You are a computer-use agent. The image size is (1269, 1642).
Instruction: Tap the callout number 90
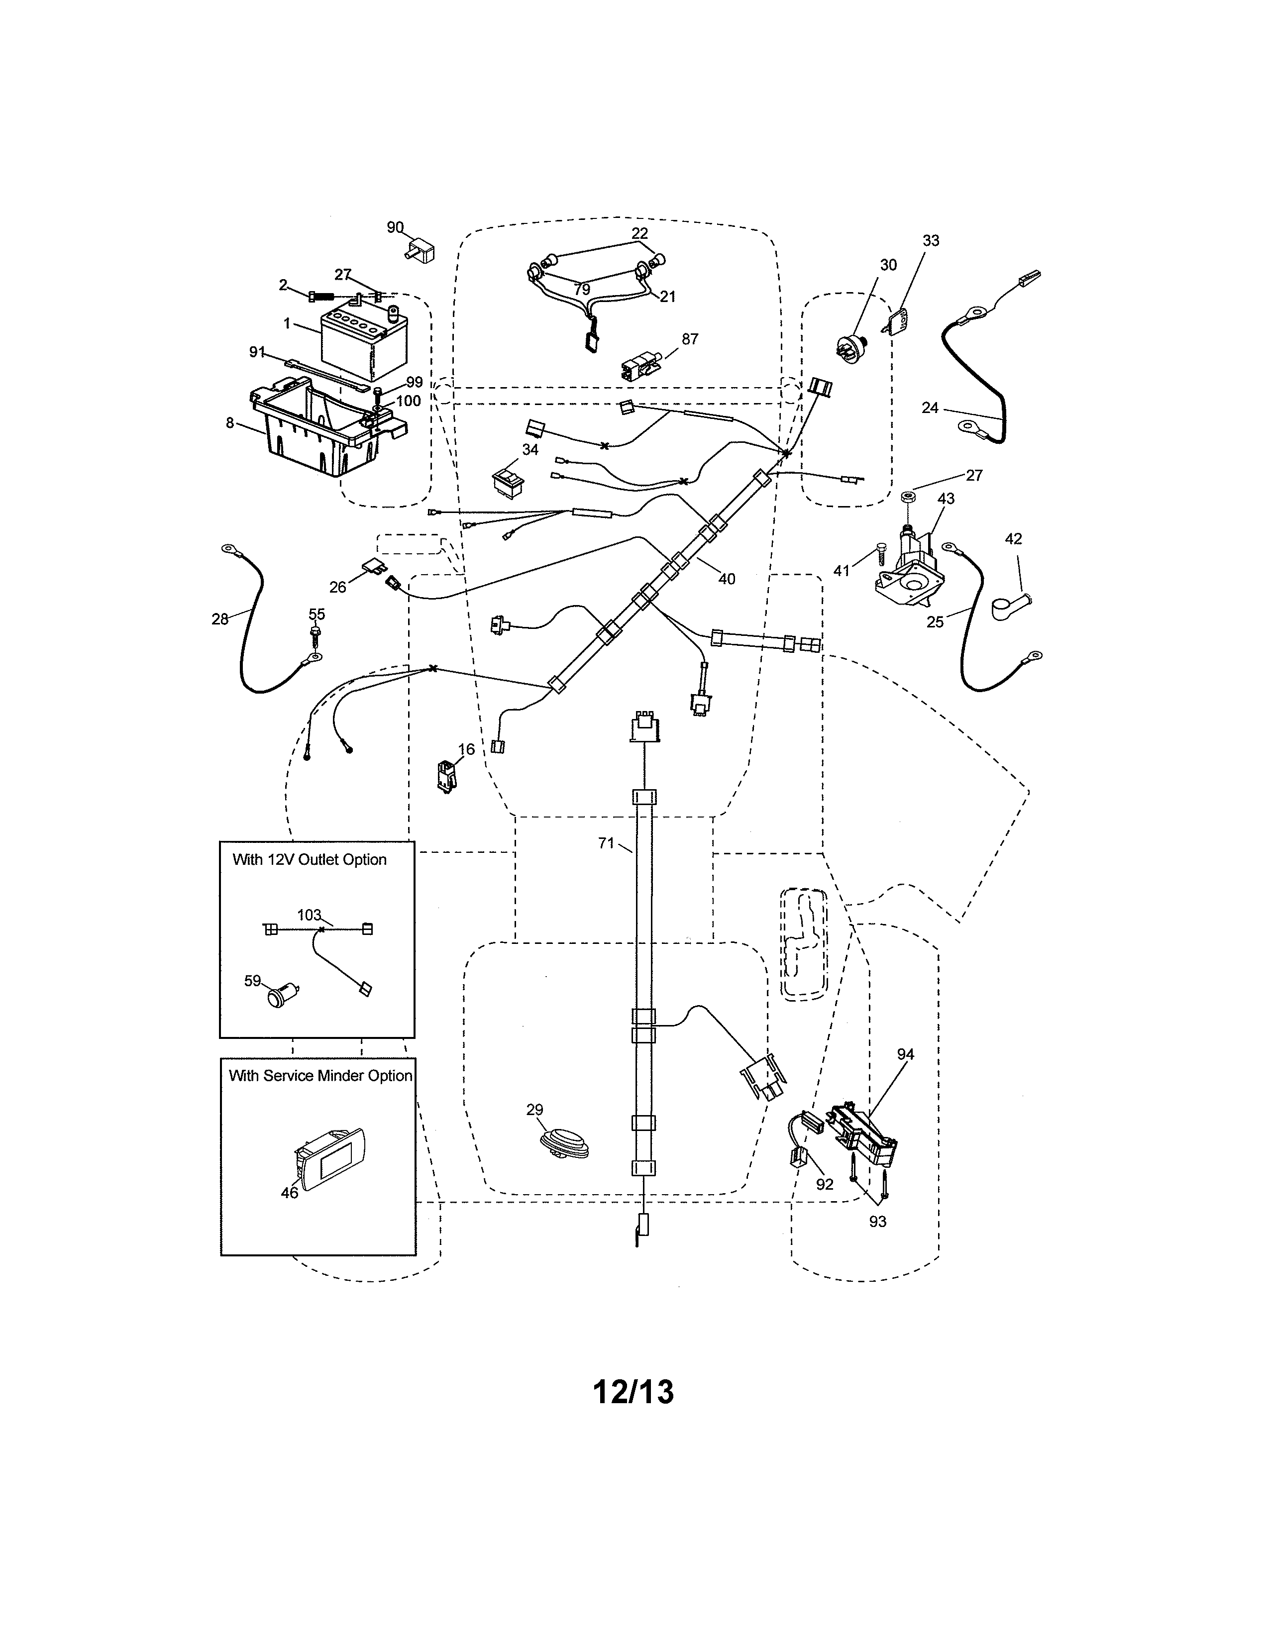pos(395,227)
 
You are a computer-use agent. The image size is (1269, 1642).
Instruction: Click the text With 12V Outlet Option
pos(309,859)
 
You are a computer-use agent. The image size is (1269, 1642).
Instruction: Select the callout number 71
pos(606,843)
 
